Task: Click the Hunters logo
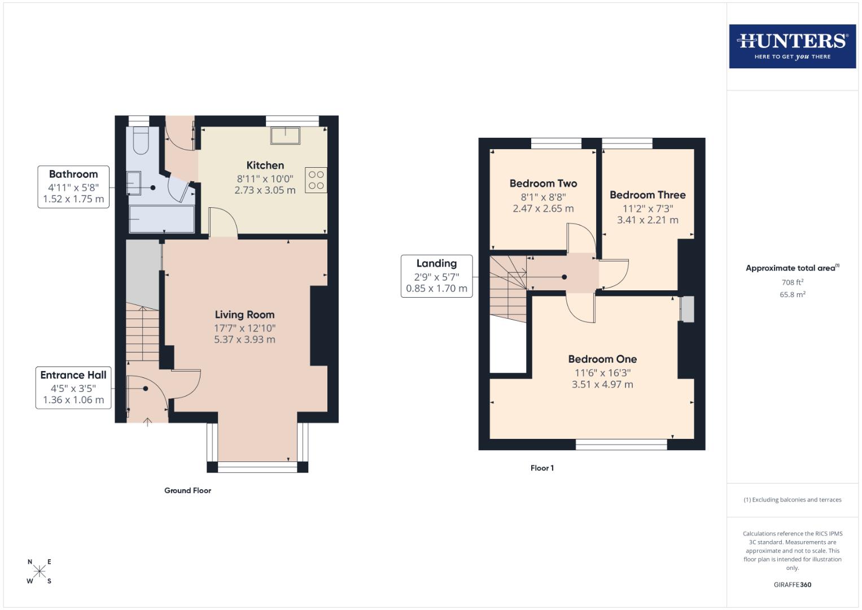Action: tap(792, 46)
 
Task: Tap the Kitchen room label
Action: tap(265, 165)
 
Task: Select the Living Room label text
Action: tap(244, 315)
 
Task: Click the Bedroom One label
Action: tap(602, 359)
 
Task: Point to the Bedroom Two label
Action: tap(543, 184)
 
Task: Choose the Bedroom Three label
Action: tap(647, 195)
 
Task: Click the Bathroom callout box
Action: tap(73, 187)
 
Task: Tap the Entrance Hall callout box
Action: tap(73, 387)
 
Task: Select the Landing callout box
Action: tap(436, 276)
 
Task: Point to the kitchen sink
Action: tap(285, 136)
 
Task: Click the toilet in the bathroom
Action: tap(140, 141)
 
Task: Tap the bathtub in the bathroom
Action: tap(161, 219)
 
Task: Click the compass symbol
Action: tap(40, 571)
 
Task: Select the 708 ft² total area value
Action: tap(792, 282)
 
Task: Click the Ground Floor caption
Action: tap(187, 491)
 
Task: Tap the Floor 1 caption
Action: tap(542, 468)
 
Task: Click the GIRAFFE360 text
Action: tap(792, 585)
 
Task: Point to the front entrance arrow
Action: tap(148, 421)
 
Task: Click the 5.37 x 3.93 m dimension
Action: tap(244, 340)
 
